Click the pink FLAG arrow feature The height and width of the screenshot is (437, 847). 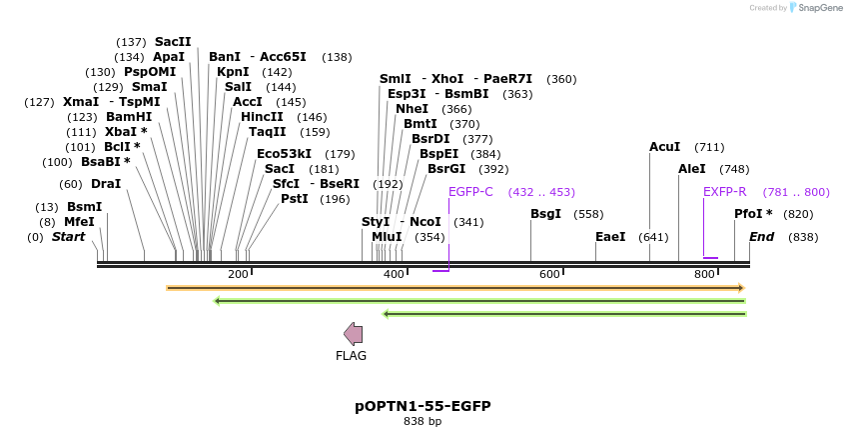(353, 334)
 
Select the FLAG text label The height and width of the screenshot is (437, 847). (351, 355)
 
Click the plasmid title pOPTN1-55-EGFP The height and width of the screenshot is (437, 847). (423, 406)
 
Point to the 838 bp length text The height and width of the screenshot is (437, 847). (423, 421)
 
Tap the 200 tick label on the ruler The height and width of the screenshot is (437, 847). (238, 274)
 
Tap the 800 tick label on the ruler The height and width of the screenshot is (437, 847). (704, 274)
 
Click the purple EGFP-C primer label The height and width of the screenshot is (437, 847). (470, 192)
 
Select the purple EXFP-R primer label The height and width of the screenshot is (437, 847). (724, 192)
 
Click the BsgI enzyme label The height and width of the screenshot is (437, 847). (545, 214)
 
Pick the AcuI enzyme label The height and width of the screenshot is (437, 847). (664, 147)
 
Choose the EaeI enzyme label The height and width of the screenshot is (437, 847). (609, 237)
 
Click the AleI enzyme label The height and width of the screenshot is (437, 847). (691, 169)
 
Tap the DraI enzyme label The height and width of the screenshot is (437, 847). (105, 184)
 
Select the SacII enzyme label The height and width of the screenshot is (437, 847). (172, 42)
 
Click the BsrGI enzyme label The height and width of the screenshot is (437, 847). (446, 169)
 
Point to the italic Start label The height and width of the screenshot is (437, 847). (68, 237)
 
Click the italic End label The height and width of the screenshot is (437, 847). (761, 237)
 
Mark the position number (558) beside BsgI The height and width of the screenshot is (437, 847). (588, 214)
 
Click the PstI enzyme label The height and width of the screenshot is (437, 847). (294, 199)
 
